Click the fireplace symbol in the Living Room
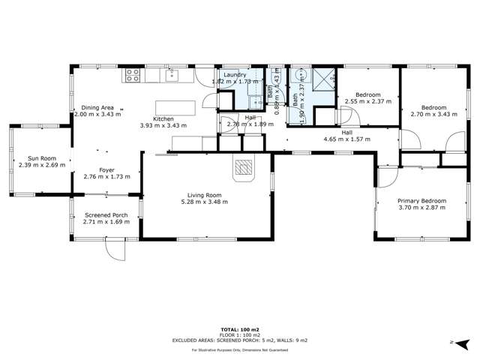[x=244, y=169]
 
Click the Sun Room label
[x=41, y=158]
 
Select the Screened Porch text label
[x=106, y=215]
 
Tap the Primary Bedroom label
[x=421, y=201]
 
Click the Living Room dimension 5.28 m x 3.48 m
[x=207, y=202]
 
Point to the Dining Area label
[x=97, y=109]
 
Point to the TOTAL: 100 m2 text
[x=240, y=329]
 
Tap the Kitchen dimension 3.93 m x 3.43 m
[x=163, y=125]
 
